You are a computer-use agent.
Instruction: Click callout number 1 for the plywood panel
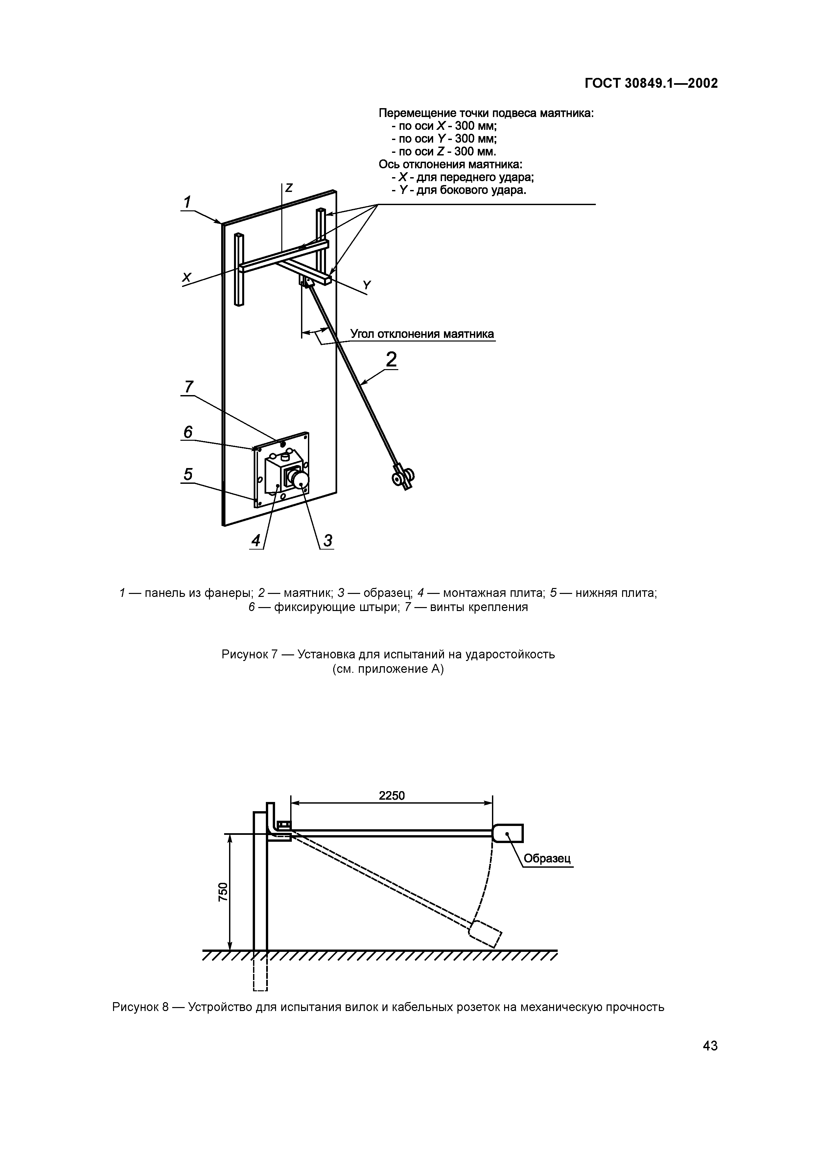click(x=187, y=202)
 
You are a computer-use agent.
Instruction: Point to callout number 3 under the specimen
click(x=327, y=541)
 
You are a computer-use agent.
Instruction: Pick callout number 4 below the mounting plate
click(x=256, y=541)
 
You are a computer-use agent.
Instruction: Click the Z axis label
click(x=289, y=188)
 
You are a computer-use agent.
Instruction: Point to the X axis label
click(x=187, y=277)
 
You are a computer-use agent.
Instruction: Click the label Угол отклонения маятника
click(x=422, y=334)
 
